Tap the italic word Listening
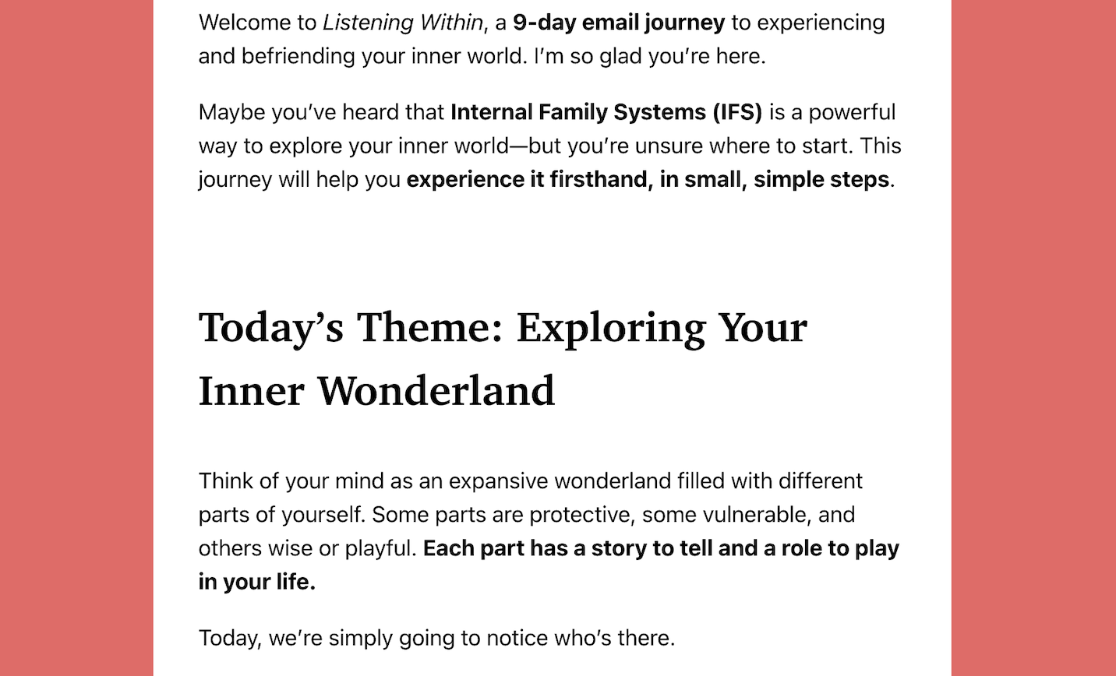(368, 23)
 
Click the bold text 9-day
(544, 23)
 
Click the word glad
(620, 57)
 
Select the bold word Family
(573, 113)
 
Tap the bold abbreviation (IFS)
(737, 113)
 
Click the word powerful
(852, 113)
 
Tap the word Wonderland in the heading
(436, 391)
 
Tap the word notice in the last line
(517, 639)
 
